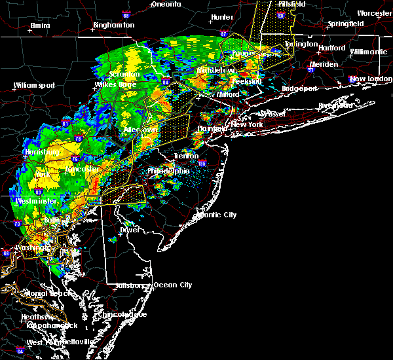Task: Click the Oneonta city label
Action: (x=166, y=4)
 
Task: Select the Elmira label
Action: (x=41, y=26)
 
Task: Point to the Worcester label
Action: (x=375, y=13)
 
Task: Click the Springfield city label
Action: (x=346, y=24)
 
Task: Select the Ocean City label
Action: (x=173, y=285)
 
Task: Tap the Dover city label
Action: (x=130, y=230)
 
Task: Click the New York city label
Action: (x=247, y=124)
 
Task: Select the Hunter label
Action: (x=223, y=17)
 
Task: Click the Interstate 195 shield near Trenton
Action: (x=202, y=164)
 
